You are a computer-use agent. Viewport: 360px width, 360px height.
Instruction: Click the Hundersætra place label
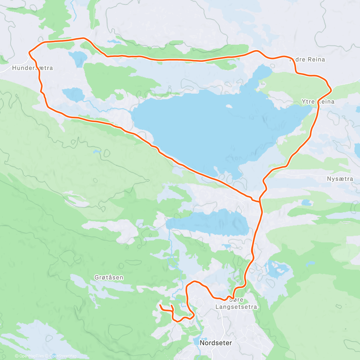[x=32, y=68]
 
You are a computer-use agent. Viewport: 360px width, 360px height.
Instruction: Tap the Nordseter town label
[x=216, y=343]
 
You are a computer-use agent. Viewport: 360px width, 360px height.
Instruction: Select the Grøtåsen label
[x=109, y=277]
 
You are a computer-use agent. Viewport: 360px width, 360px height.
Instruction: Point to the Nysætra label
[x=340, y=179]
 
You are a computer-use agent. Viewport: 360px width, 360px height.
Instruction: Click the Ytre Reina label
[x=318, y=102]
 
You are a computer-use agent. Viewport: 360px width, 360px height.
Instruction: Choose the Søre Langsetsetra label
[x=236, y=303]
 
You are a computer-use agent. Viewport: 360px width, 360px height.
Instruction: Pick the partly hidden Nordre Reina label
[x=307, y=60]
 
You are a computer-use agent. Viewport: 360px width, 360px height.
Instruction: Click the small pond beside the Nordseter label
[x=196, y=342]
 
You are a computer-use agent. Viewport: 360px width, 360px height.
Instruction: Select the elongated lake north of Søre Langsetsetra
[x=210, y=223]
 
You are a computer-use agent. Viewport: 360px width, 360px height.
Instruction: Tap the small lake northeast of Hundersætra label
[x=78, y=57]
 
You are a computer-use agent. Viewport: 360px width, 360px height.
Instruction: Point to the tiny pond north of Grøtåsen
[x=97, y=152]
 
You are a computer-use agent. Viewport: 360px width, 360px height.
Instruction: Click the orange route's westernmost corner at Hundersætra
[x=29, y=52]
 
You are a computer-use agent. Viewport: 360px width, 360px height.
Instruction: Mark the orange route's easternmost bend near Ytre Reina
[x=331, y=89]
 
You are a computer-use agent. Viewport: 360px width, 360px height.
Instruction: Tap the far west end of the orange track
[x=160, y=305]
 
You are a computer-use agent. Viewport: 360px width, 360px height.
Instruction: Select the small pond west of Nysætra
[x=306, y=203]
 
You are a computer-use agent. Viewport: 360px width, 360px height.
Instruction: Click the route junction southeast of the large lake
[x=260, y=201]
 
